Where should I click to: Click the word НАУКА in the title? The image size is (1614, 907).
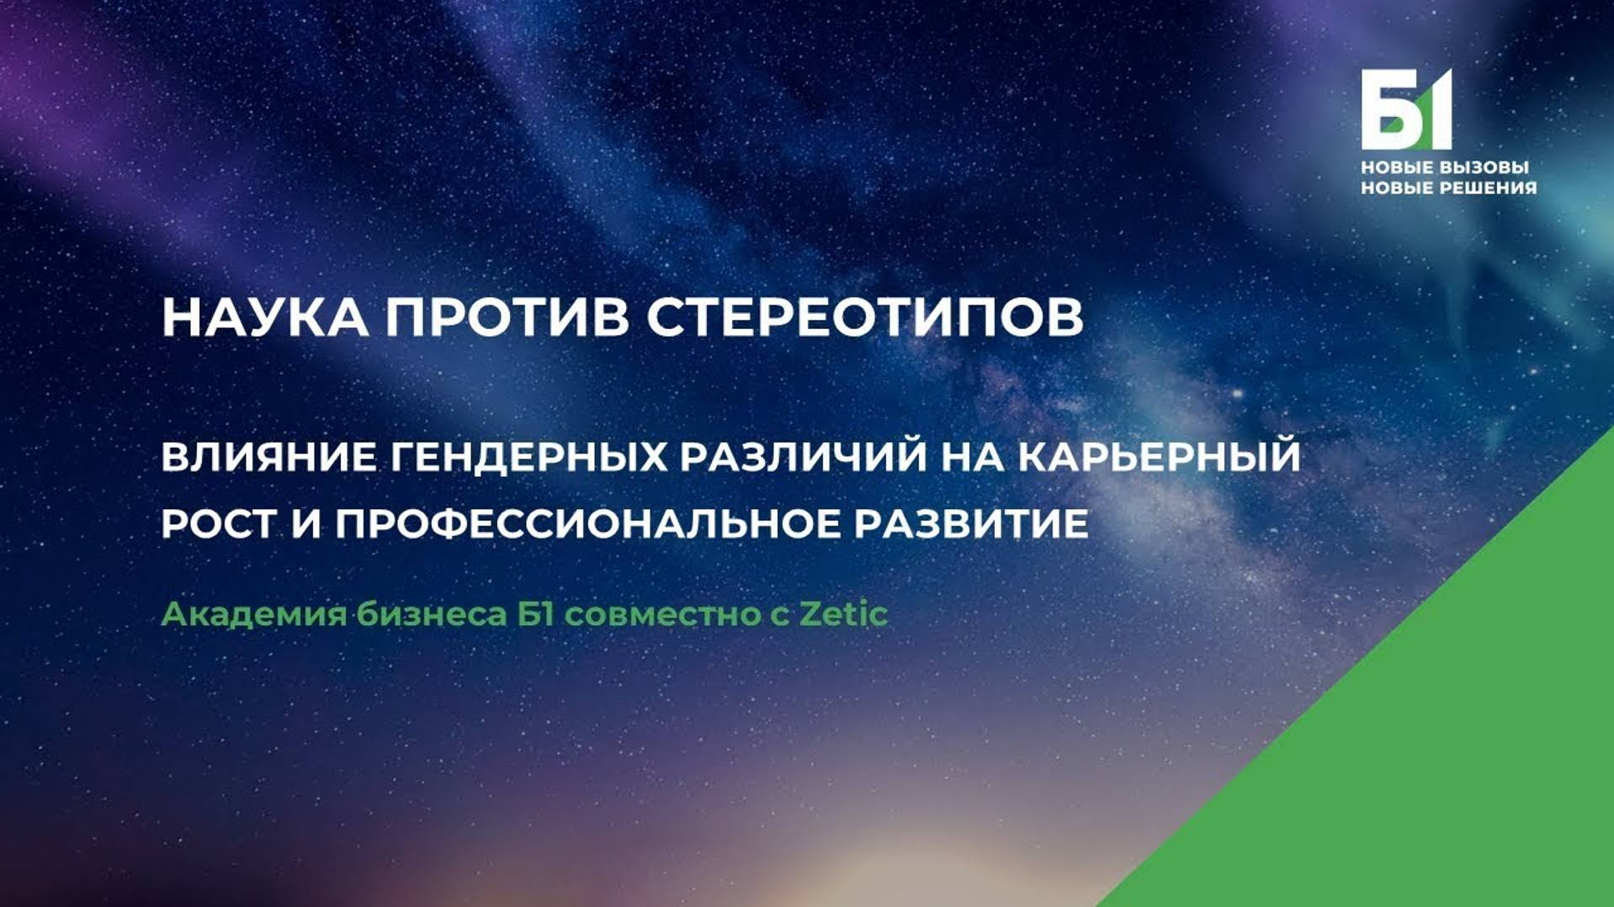coord(264,317)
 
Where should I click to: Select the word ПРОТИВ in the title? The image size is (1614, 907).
coord(507,317)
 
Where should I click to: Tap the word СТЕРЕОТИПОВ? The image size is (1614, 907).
coord(865,317)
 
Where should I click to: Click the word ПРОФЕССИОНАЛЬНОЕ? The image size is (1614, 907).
coord(587,524)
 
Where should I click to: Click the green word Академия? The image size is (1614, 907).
coord(253,615)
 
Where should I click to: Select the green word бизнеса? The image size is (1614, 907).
coord(432,615)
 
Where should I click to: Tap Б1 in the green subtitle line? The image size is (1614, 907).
coord(536,615)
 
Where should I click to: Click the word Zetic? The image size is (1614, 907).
coord(843,615)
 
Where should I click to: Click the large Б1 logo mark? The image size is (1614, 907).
coord(1405,109)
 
